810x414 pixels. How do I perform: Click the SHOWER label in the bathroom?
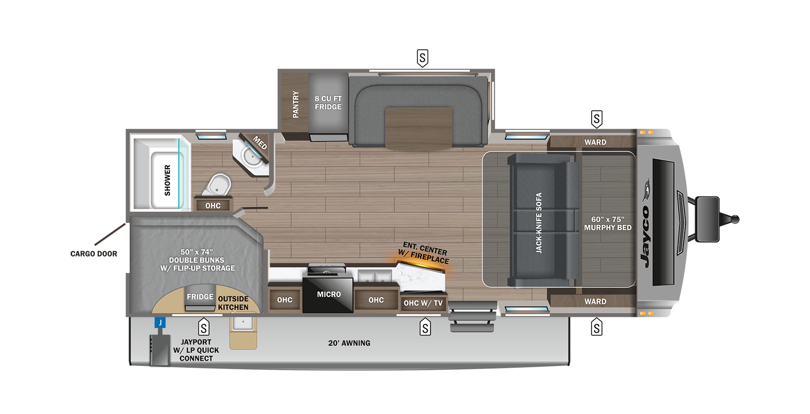(167, 180)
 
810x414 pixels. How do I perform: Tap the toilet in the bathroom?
(218, 185)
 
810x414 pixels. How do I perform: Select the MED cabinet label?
(260, 143)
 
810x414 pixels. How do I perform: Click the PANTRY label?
(296, 104)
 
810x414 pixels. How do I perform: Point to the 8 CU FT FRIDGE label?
(328, 103)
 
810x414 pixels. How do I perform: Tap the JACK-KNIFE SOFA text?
(539, 223)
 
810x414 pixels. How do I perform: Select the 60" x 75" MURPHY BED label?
(607, 224)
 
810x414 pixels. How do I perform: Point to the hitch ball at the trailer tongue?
(735, 220)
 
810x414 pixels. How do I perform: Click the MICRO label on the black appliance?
(329, 294)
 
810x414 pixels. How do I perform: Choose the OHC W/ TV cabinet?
(423, 303)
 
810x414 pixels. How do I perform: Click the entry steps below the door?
(472, 317)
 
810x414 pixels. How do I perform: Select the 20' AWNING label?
(349, 343)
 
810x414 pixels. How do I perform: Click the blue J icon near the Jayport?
(160, 323)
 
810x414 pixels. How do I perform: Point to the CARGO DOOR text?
(94, 254)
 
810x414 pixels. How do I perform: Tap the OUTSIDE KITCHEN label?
(233, 303)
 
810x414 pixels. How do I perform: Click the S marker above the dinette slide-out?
(422, 58)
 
